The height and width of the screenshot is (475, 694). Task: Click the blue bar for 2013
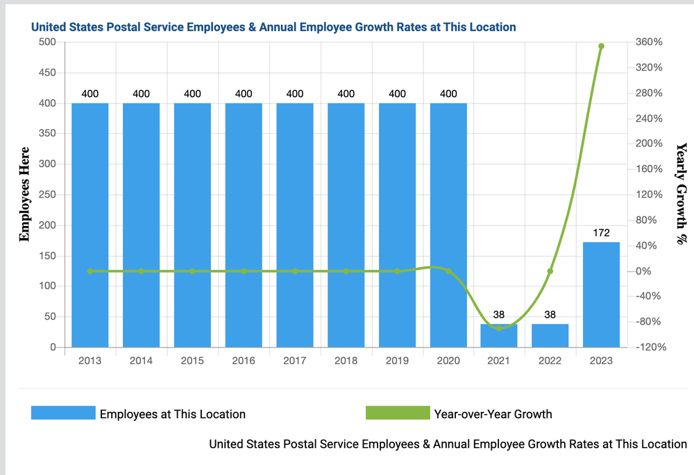point(90,225)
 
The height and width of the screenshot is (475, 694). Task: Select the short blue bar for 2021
point(499,336)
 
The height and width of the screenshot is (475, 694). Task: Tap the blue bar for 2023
point(601,295)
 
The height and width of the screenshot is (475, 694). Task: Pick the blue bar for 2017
point(295,225)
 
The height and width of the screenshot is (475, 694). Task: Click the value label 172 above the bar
point(601,232)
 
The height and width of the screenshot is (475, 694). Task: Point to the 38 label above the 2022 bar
point(550,314)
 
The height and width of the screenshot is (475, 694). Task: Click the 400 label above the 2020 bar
point(448,94)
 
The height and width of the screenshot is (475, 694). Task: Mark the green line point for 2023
point(601,46)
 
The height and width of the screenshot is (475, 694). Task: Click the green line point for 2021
point(499,328)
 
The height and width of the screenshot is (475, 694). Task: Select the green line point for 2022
point(550,271)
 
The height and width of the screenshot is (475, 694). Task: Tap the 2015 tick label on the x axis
point(192,361)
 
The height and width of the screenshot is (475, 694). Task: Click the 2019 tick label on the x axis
point(397,361)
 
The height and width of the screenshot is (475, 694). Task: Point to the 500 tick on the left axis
point(46,42)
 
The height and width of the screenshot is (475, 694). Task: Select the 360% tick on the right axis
point(649,42)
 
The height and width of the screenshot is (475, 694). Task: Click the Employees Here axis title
point(25,194)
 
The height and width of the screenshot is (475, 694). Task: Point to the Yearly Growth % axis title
point(681,194)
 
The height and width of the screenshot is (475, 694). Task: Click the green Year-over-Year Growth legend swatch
point(398,414)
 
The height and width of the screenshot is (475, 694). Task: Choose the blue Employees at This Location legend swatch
point(63,414)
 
